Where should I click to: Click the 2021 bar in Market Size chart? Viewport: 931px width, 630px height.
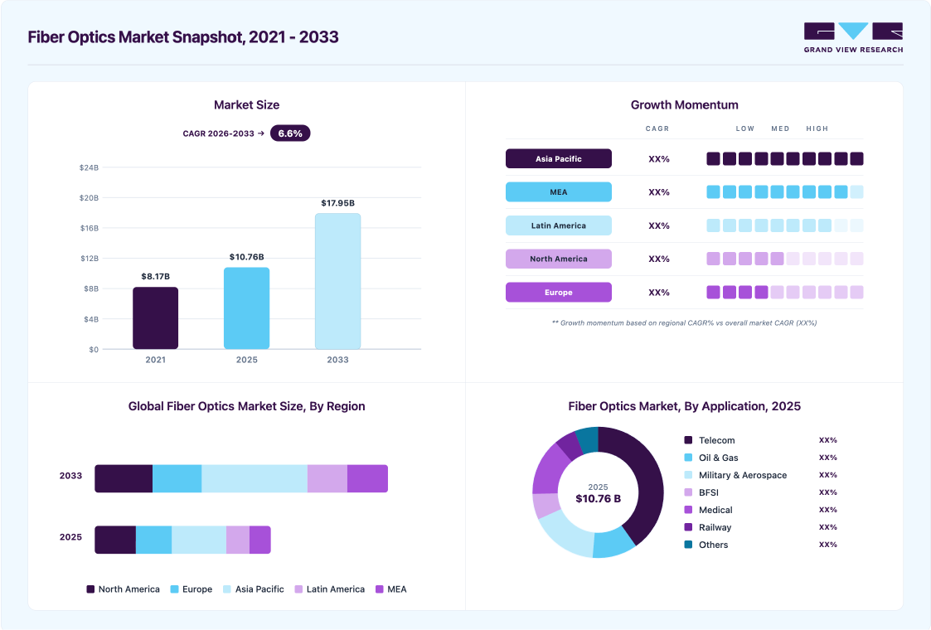(156, 317)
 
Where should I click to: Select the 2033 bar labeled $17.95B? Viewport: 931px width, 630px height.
(338, 281)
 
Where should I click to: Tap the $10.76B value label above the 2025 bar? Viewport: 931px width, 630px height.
(246, 257)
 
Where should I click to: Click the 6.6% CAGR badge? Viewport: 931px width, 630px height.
(290, 133)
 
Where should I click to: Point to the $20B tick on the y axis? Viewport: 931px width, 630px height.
(89, 198)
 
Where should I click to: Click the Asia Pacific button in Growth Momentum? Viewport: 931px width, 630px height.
(559, 158)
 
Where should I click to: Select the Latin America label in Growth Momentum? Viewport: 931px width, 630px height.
(559, 225)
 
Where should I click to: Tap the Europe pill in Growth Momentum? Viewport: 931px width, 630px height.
(559, 292)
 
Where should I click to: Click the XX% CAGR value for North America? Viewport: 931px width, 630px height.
(659, 259)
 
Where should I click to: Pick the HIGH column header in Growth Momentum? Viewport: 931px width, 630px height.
(817, 128)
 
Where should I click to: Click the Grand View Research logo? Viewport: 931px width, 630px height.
(853, 37)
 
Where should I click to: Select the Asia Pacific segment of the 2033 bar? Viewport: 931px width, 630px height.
(255, 478)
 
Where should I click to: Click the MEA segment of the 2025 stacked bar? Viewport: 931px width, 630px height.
(260, 540)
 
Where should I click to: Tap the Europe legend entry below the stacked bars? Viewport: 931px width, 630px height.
(192, 589)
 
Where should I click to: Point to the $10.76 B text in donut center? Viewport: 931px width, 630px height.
(598, 499)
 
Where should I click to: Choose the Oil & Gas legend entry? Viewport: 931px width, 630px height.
(711, 458)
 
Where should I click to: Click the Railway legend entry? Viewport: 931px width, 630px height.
(708, 527)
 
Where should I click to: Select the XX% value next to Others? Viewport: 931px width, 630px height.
(827, 545)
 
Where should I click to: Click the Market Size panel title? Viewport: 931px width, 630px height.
(246, 105)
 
